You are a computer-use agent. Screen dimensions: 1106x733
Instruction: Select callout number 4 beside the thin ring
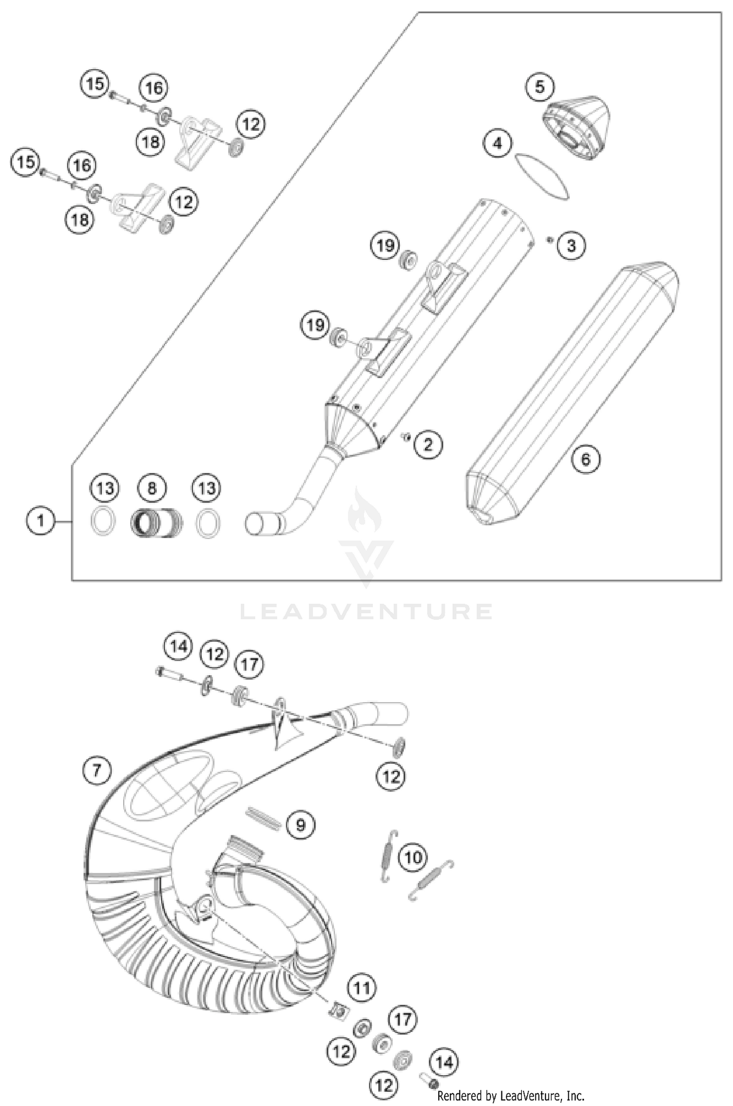click(x=497, y=144)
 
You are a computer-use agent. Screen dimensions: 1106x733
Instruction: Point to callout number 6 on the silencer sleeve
click(x=585, y=459)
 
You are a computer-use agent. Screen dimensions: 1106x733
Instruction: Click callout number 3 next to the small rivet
click(x=571, y=245)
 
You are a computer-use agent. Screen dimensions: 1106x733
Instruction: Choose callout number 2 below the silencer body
click(x=428, y=444)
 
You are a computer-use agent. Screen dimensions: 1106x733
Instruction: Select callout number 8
click(x=151, y=488)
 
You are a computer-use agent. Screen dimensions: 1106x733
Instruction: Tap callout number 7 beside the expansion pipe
click(x=96, y=771)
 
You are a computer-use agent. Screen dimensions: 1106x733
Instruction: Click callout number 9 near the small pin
click(x=301, y=825)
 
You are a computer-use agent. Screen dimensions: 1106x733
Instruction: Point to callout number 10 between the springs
click(x=413, y=857)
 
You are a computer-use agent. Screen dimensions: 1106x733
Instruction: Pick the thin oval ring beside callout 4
click(x=542, y=176)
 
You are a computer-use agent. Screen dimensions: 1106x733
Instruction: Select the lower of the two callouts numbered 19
click(x=315, y=324)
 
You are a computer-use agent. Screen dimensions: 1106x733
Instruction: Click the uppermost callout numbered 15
click(x=95, y=83)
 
